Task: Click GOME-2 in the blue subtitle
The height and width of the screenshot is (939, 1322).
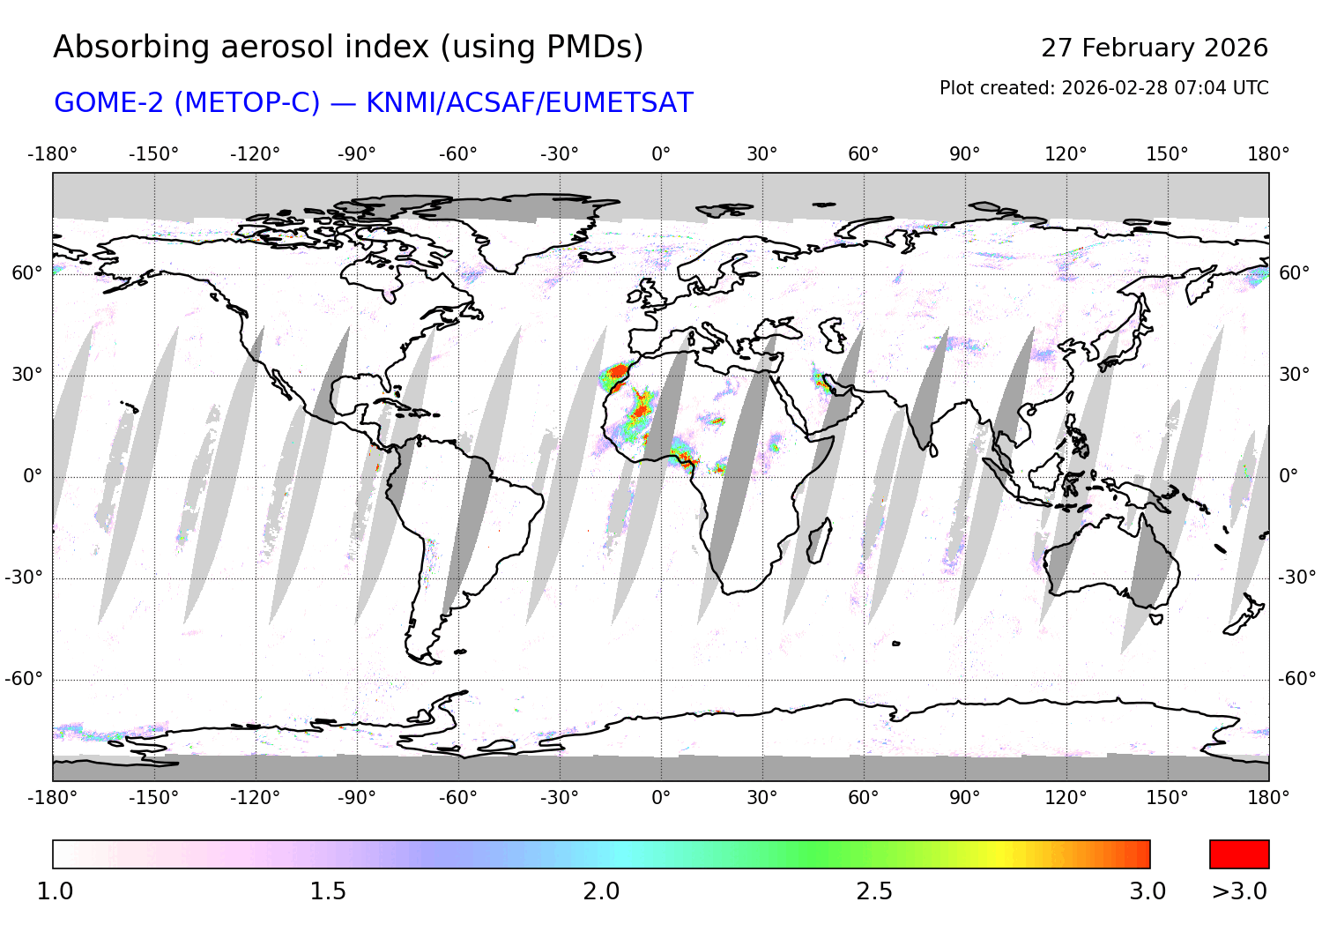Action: (x=109, y=103)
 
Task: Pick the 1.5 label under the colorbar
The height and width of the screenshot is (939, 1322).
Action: (x=327, y=891)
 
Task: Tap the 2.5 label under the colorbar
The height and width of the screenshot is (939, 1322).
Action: (x=874, y=891)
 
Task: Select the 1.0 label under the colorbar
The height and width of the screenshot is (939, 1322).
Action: (x=55, y=891)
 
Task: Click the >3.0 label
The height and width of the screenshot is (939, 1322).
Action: (x=1239, y=891)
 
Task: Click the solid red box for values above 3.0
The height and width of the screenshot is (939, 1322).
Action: (x=1239, y=854)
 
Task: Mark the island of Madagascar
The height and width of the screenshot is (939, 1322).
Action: (x=819, y=540)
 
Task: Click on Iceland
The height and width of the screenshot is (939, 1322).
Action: (x=597, y=257)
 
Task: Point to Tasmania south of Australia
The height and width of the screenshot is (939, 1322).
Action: (x=1155, y=618)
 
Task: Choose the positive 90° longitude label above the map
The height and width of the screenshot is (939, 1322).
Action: (x=964, y=154)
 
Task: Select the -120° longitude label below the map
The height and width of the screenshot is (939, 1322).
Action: (x=255, y=798)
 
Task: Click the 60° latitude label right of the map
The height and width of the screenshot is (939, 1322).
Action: (x=1294, y=273)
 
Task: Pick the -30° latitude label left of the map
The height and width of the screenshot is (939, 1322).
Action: (x=24, y=578)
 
